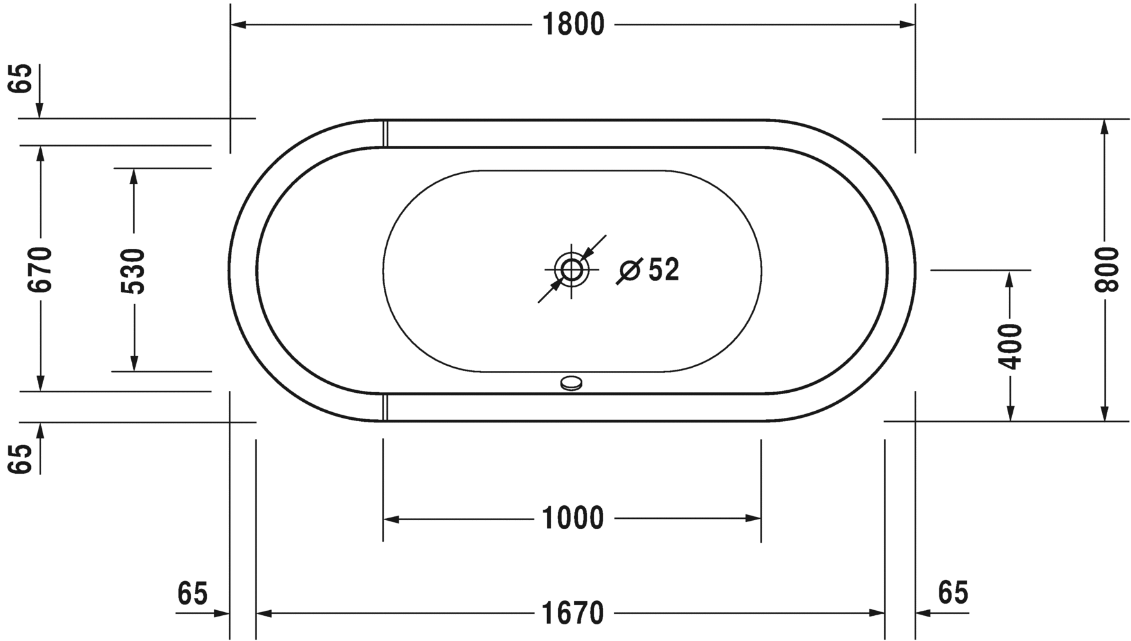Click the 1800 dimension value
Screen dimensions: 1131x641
(x=573, y=25)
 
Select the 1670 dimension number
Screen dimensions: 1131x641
(x=573, y=613)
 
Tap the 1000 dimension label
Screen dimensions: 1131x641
(x=573, y=518)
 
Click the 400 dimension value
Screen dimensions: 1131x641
(x=1011, y=347)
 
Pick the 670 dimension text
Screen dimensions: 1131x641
(x=40, y=269)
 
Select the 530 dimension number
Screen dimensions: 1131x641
(x=134, y=271)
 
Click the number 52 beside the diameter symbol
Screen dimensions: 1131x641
(x=664, y=270)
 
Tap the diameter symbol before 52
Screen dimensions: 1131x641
(x=628, y=271)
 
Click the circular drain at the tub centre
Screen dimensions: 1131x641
(x=572, y=270)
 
